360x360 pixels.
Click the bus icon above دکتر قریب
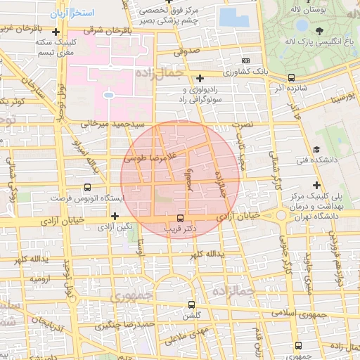(x=180, y=217)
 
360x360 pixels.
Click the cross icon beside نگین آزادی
(x=115, y=215)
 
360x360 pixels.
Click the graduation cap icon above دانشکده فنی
(x=317, y=149)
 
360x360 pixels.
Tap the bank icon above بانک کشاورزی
(x=245, y=61)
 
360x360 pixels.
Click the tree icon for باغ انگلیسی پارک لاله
(x=320, y=31)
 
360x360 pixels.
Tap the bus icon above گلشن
(x=191, y=305)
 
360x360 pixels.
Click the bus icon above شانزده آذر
(x=291, y=78)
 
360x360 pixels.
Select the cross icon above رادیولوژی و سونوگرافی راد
(x=200, y=78)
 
